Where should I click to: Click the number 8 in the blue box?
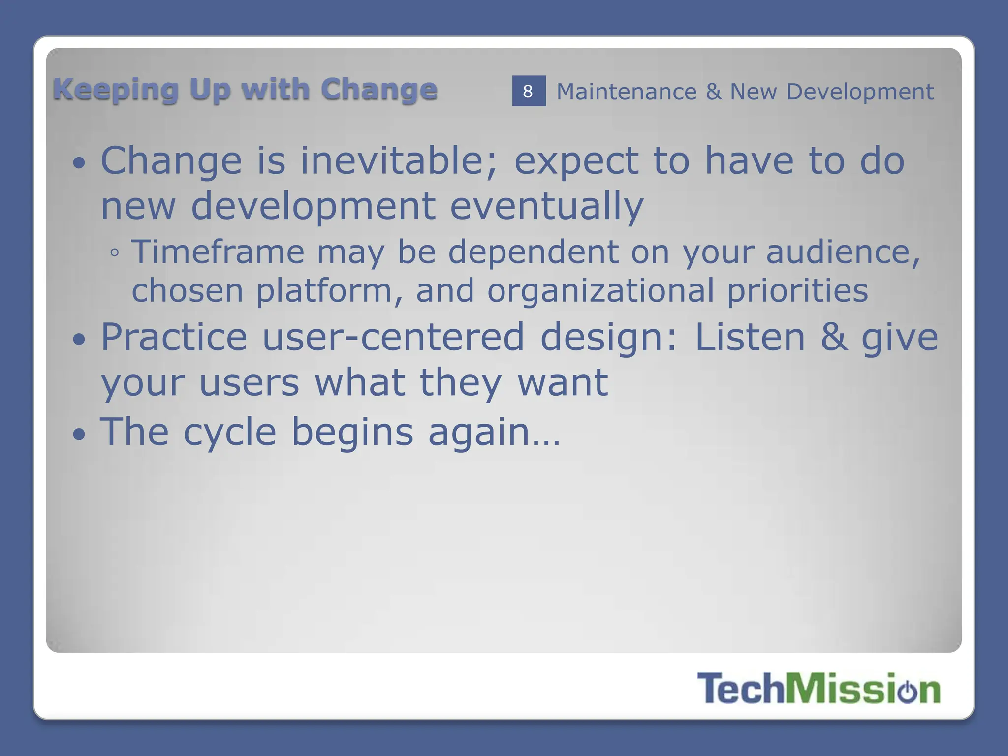(528, 91)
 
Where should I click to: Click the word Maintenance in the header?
(626, 92)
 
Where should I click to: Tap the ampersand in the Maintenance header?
(713, 92)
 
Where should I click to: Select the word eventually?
(546, 206)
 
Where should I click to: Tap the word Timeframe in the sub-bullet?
(218, 252)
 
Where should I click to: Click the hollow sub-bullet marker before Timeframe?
(115, 253)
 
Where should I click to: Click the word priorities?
(797, 290)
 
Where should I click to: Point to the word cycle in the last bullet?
(230, 432)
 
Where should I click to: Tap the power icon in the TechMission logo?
(907, 690)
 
